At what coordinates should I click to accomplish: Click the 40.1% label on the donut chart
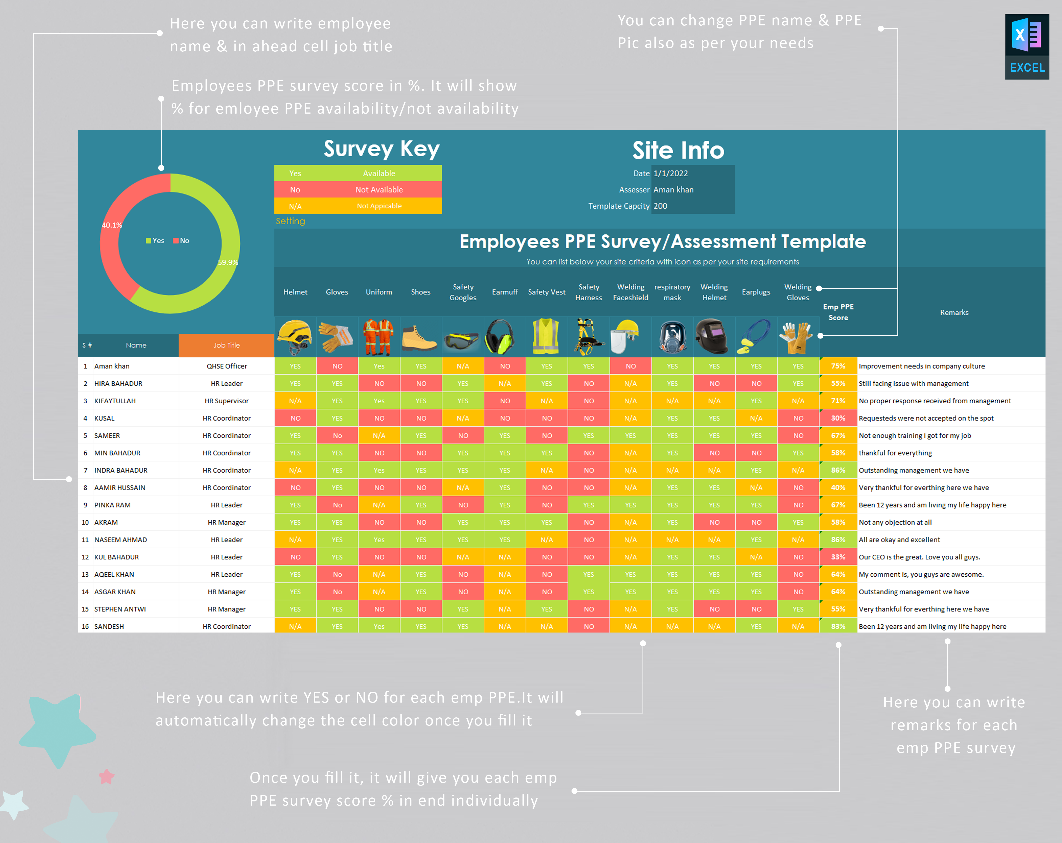click(x=112, y=225)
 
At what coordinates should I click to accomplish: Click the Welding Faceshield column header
click(x=630, y=292)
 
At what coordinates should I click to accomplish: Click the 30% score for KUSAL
click(x=838, y=418)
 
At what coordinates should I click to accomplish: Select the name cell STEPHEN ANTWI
click(x=120, y=609)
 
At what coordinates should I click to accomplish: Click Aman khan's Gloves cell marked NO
click(x=337, y=366)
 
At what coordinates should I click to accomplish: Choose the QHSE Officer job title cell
click(x=227, y=366)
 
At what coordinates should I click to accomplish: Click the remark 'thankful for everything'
click(x=895, y=453)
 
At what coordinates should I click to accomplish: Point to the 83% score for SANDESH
click(x=838, y=626)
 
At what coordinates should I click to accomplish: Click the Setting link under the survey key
click(x=290, y=221)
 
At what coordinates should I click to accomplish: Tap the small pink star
click(x=107, y=777)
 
